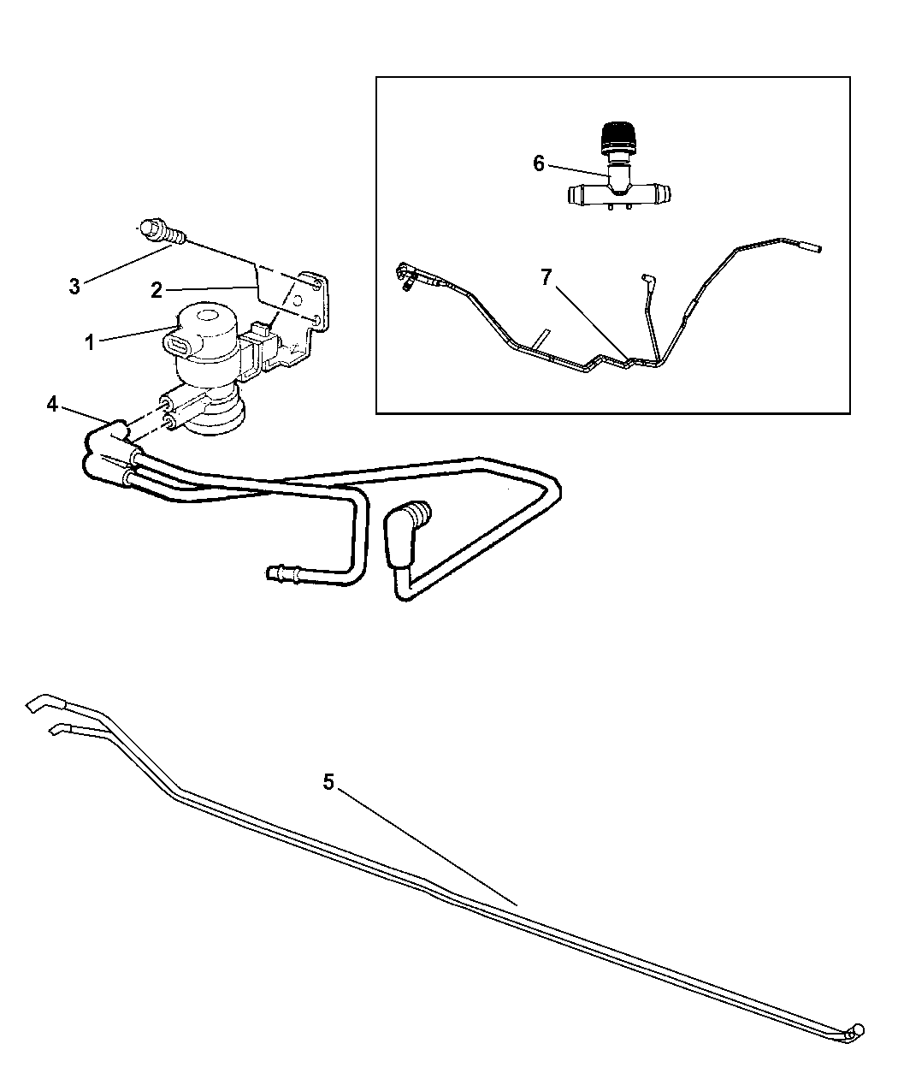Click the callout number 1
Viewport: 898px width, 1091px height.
pos(89,343)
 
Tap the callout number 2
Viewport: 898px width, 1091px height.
pos(157,290)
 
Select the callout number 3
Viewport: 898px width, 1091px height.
pos(74,286)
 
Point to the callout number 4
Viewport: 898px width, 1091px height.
pos(51,403)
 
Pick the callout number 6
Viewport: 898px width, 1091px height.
pos(539,163)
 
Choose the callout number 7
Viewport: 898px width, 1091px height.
pos(546,277)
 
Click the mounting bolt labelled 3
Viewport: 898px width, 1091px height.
pos(162,233)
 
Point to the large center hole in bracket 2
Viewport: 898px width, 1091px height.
pos(298,300)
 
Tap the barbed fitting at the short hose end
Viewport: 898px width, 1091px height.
pos(281,573)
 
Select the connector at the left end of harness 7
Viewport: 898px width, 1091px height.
pos(406,276)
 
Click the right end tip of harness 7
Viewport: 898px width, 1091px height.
pos(814,248)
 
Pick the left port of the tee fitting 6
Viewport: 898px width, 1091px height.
pos(578,194)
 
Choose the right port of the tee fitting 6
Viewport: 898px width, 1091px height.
pos(659,194)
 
